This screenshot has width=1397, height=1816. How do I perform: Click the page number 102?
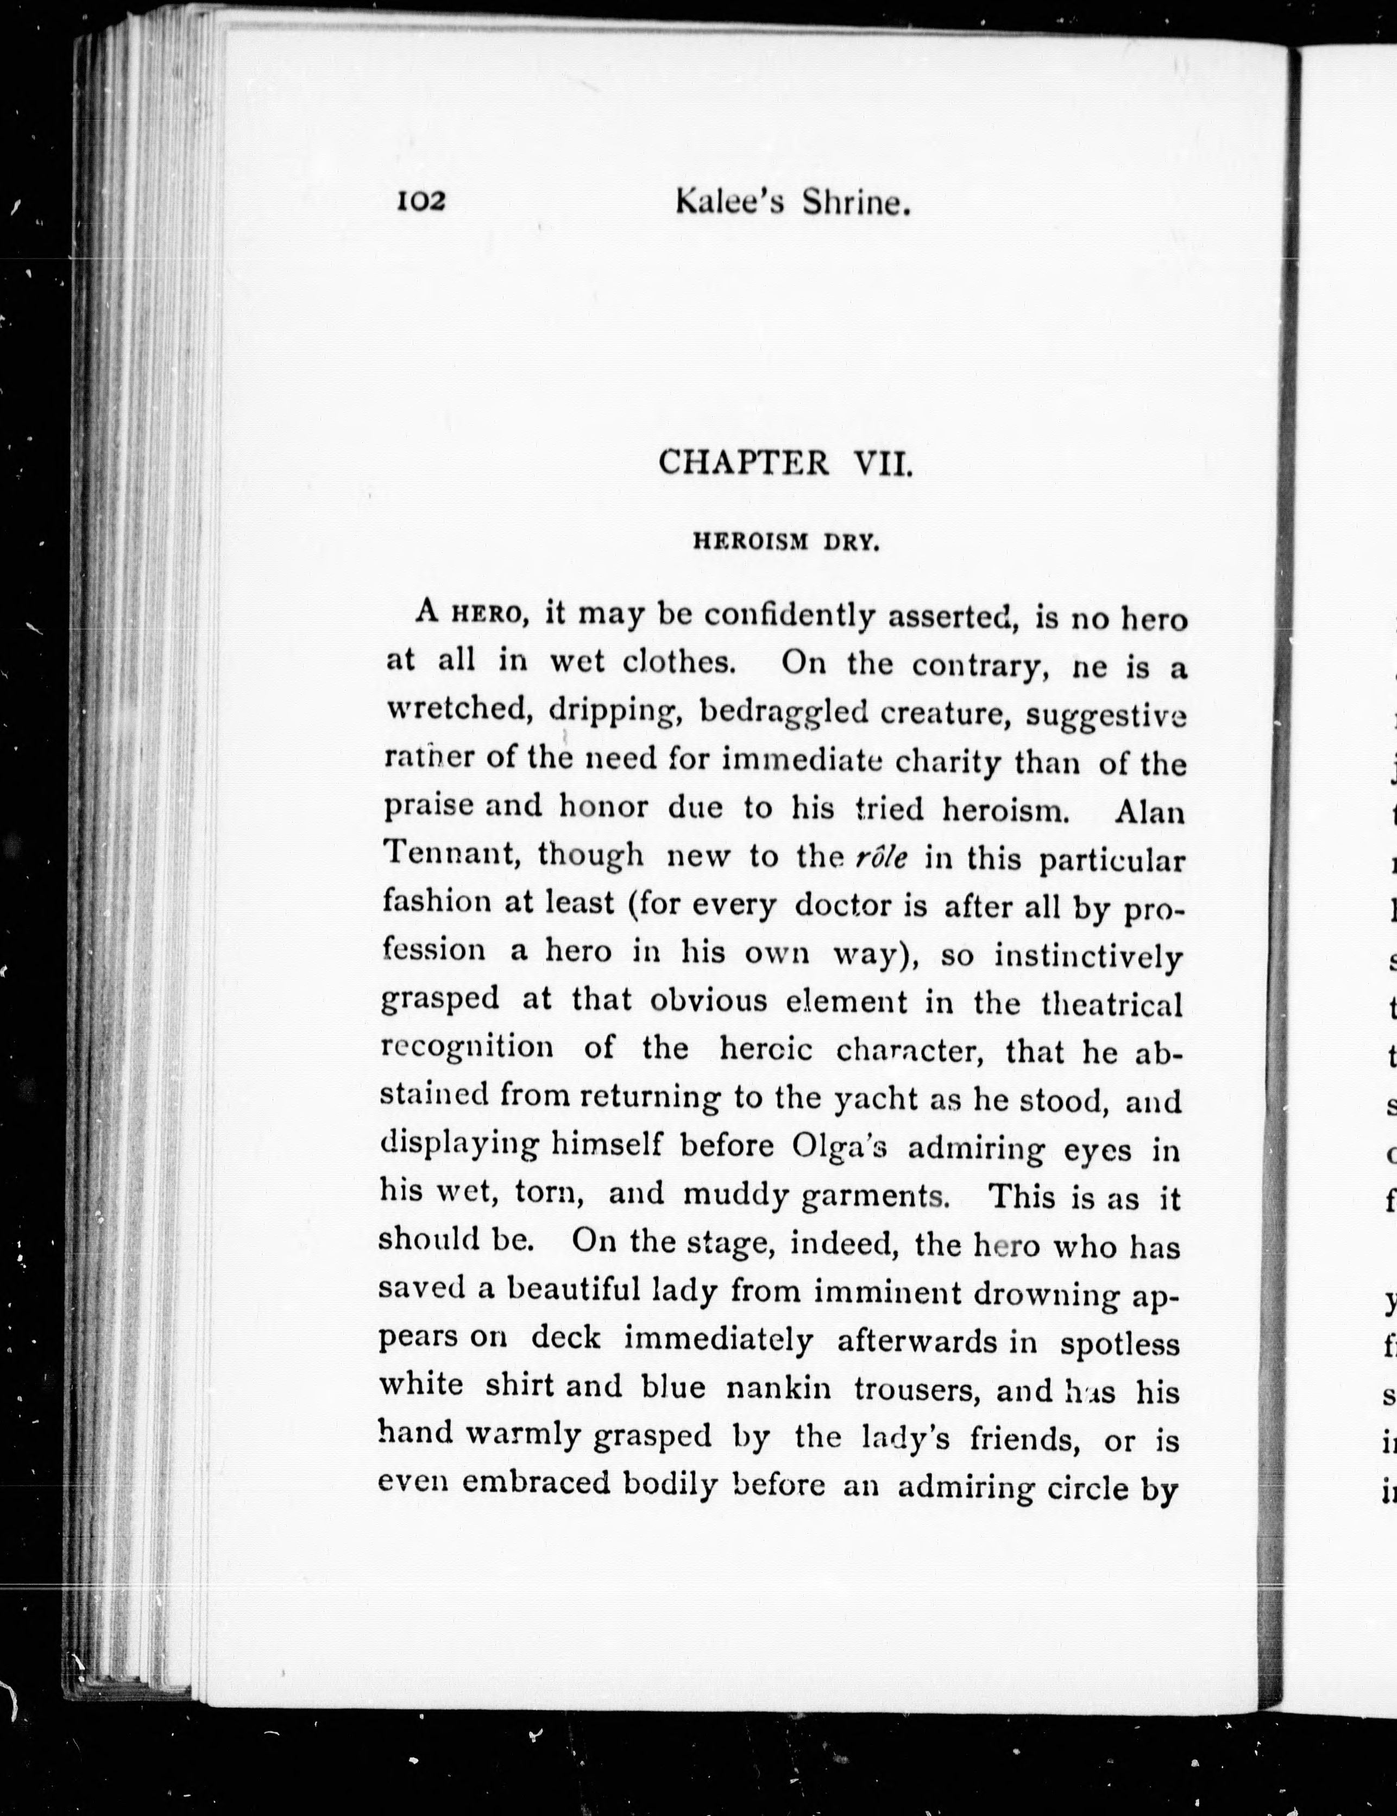[x=421, y=201]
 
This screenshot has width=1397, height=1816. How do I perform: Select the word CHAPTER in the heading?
[x=744, y=462]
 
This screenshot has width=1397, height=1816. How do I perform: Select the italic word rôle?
[x=880, y=858]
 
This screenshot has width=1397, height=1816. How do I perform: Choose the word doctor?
[x=848, y=905]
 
